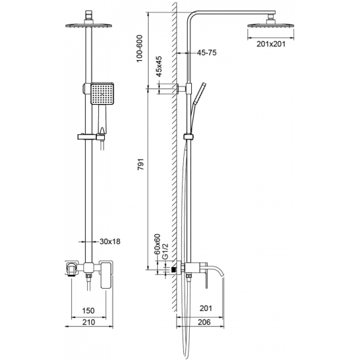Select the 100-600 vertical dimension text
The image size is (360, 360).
click(x=139, y=48)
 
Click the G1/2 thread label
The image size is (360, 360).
click(x=167, y=249)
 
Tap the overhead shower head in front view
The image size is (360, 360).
click(x=87, y=26)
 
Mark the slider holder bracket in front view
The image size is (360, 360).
click(x=88, y=137)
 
